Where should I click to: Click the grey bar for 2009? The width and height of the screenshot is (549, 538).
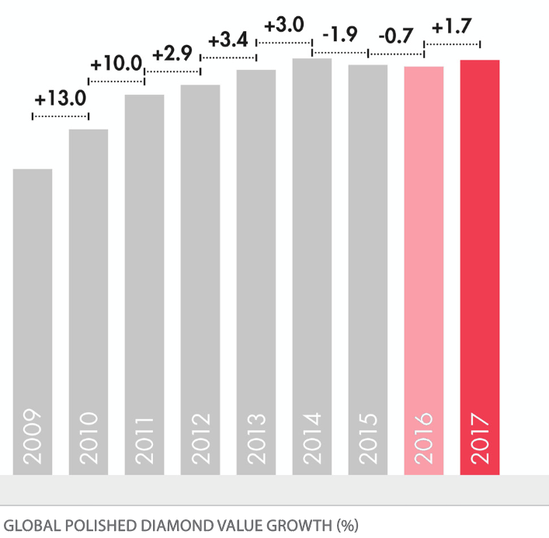click(x=33, y=311)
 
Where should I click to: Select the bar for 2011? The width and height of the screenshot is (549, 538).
click(x=144, y=272)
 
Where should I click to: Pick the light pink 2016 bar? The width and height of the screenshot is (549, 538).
click(x=424, y=256)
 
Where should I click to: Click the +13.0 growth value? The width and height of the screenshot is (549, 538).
click(x=60, y=99)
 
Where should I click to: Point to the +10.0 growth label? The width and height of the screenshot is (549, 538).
click(x=116, y=64)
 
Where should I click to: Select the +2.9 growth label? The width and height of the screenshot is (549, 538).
click(x=172, y=55)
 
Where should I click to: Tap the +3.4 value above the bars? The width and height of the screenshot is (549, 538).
click(x=228, y=39)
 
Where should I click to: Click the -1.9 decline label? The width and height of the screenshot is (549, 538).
click(x=340, y=36)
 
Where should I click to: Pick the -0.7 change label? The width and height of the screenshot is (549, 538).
click(x=396, y=36)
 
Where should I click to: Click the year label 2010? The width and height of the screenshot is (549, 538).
click(x=89, y=439)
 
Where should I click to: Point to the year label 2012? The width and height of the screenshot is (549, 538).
click(x=200, y=439)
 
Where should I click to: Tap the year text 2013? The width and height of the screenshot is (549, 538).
click(x=256, y=439)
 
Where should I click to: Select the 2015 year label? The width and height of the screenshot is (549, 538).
click(x=368, y=439)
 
